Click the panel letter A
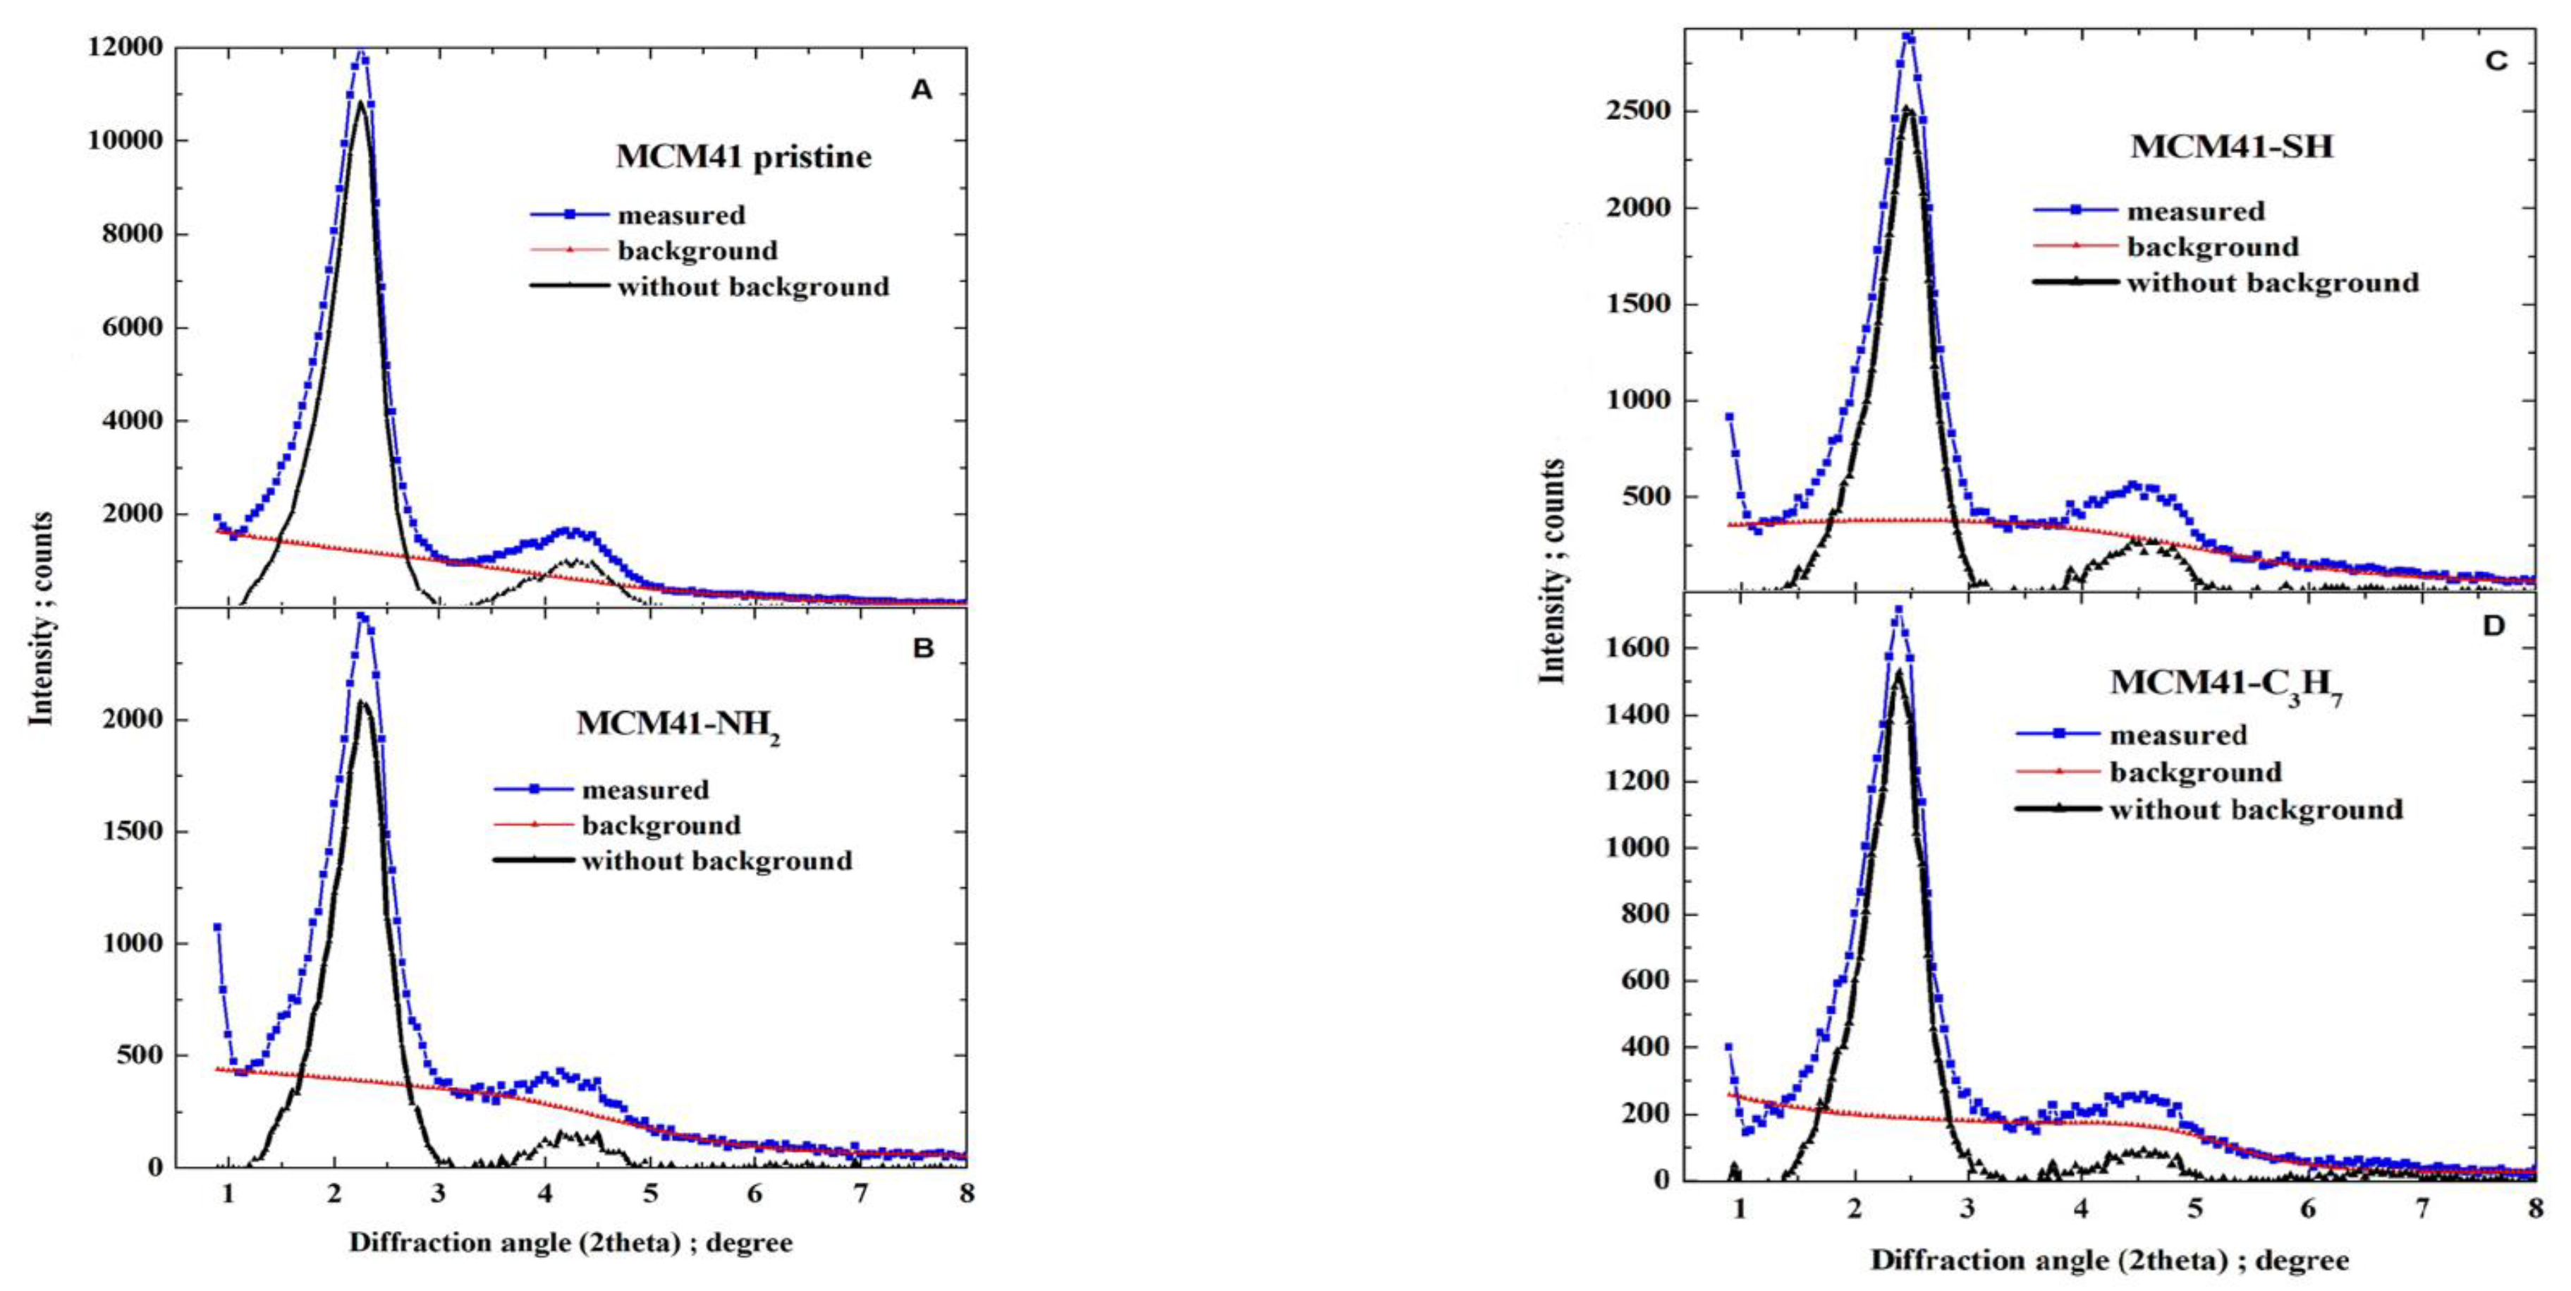(920, 91)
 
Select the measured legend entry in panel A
(680, 214)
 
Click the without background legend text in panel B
(716, 861)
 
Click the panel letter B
(923, 649)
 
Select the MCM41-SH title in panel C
(2232, 147)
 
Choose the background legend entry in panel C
(2211, 247)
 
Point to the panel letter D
(2493, 626)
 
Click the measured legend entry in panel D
(2178, 736)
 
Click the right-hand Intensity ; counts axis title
(1552, 571)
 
